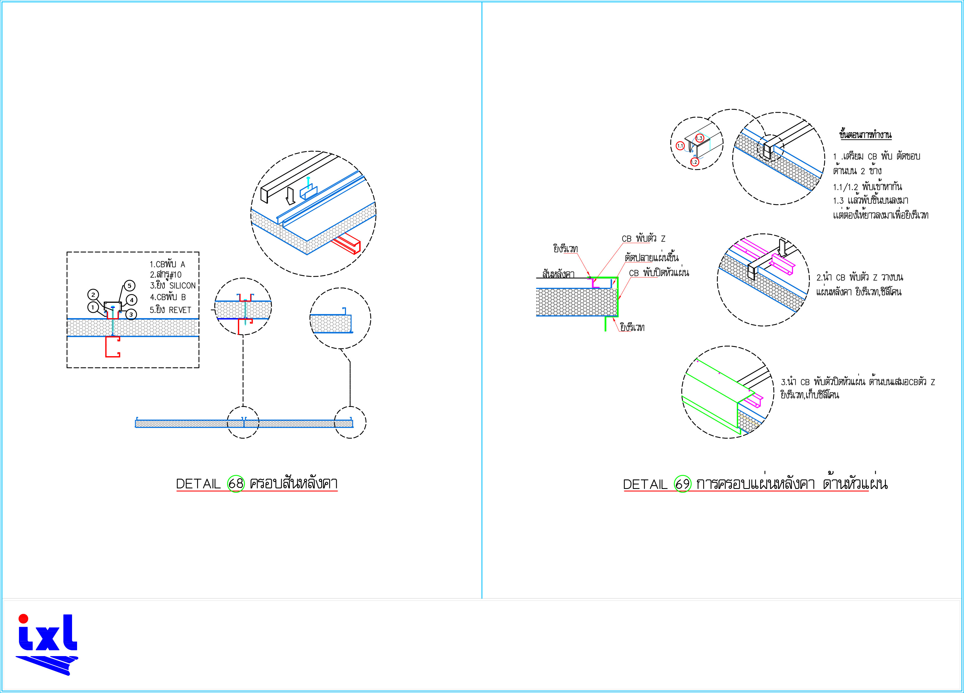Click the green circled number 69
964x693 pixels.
[682, 484]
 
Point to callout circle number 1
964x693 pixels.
[93, 307]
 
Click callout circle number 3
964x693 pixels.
[131, 314]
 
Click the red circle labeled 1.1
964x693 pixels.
[680, 146]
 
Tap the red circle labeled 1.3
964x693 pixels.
[699, 138]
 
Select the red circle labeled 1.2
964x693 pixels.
[694, 162]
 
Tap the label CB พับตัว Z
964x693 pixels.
[643, 239]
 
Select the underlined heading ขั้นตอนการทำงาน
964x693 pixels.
[865, 135]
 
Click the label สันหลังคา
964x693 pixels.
[558, 274]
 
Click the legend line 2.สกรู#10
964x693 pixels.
[166, 275]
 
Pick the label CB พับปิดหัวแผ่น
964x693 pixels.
[659, 273]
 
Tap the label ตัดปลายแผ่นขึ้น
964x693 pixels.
[652, 257]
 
